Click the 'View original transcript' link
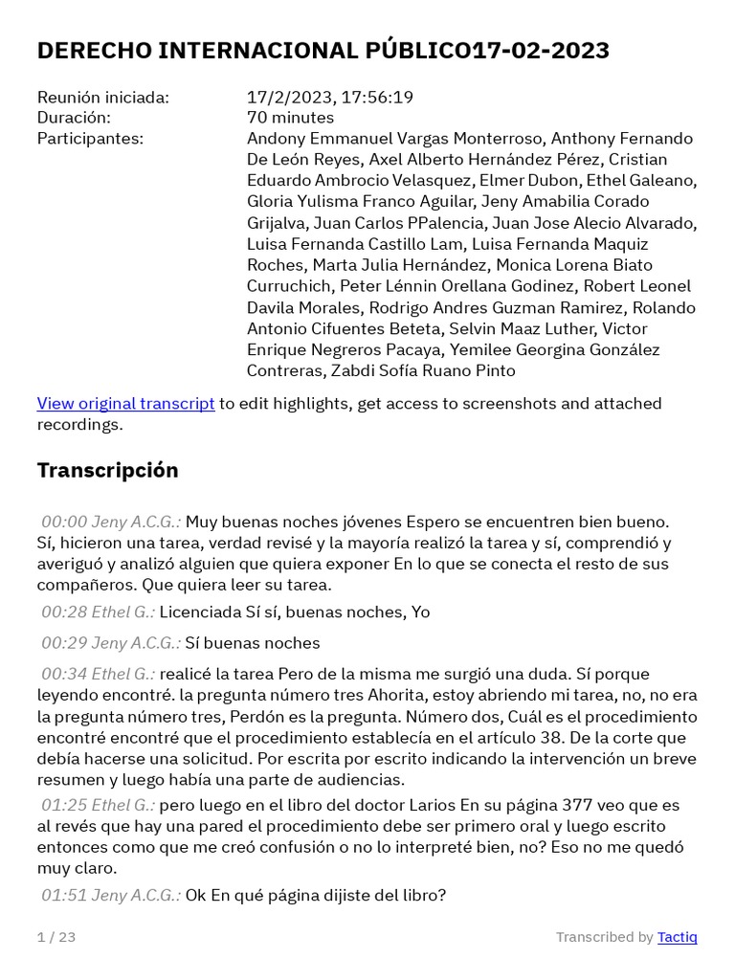pyautogui.click(x=125, y=403)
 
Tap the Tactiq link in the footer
pyautogui.click(x=677, y=937)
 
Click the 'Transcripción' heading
pyautogui.click(x=107, y=470)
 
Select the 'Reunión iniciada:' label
pyautogui.click(x=102, y=97)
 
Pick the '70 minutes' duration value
pyautogui.click(x=290, y=118)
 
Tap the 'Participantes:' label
pyautogui.click(x=90, y=139)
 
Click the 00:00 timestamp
pyautogui.click(x=64, y=522)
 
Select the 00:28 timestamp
pyautogui.click(x=64, y=612)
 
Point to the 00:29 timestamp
pyautogui.click(x=64, y=642)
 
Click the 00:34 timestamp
pyautogui.click(x=64, y=674)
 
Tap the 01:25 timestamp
pyautogui.click(x=64, y=805)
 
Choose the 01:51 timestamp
pyautogui.click(x=64, y=895)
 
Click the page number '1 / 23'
pyautogui.click(x=56, y=937)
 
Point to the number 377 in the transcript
pyautogui.click(x=578, y=805)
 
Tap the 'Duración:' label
pyautogui.click(x=74, y=118)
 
